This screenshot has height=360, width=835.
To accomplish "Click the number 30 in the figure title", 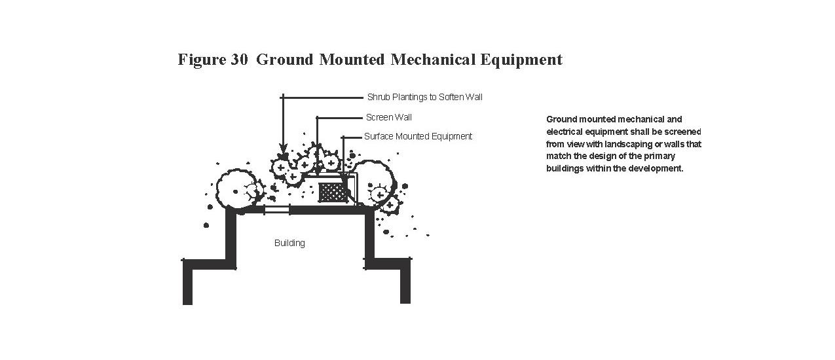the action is (238, 60).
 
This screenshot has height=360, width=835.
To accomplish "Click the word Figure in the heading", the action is (202, 60).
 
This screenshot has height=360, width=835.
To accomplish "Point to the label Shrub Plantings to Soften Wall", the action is (424, 98).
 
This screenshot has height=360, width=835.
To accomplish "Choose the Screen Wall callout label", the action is (389, 118).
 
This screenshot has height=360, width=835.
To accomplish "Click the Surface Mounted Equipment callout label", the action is (418, 137).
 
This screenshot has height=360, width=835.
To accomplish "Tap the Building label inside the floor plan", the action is (289, 243).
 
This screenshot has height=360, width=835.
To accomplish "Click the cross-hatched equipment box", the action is (332, 192).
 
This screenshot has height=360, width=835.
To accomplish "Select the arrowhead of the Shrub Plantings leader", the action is (282, 155).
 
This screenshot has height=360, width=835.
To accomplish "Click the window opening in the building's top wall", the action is (276, 209).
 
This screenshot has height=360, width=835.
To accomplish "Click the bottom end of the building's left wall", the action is (187, 300).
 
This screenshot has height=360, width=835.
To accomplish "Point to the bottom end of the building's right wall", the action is (405, 299).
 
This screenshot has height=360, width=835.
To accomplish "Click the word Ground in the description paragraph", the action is (560, 119).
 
